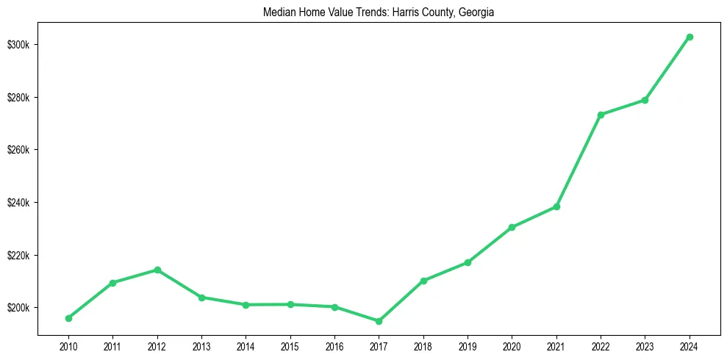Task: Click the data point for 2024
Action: coord(690,37)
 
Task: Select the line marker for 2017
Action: coord(379,321)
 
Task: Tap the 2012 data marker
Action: coord(157,270)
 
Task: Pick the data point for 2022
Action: coord(601,115)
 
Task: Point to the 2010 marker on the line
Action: coord(68,318)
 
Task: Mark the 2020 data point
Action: coord(512,227)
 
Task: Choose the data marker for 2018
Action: coord(423,281)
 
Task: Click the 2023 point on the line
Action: coord(645,100)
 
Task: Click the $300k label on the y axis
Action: coord(19,45)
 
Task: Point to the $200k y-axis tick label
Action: coord(19,308)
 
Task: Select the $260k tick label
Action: coord(19,150)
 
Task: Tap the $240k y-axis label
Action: coord(19,203)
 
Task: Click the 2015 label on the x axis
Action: coord(290,345)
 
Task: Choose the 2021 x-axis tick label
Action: coord(556,345)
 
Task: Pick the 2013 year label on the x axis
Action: coord(201,345)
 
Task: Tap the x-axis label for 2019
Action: coord(468,345)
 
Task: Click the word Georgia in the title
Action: coord(477,12)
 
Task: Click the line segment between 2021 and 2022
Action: coord(579,161)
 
